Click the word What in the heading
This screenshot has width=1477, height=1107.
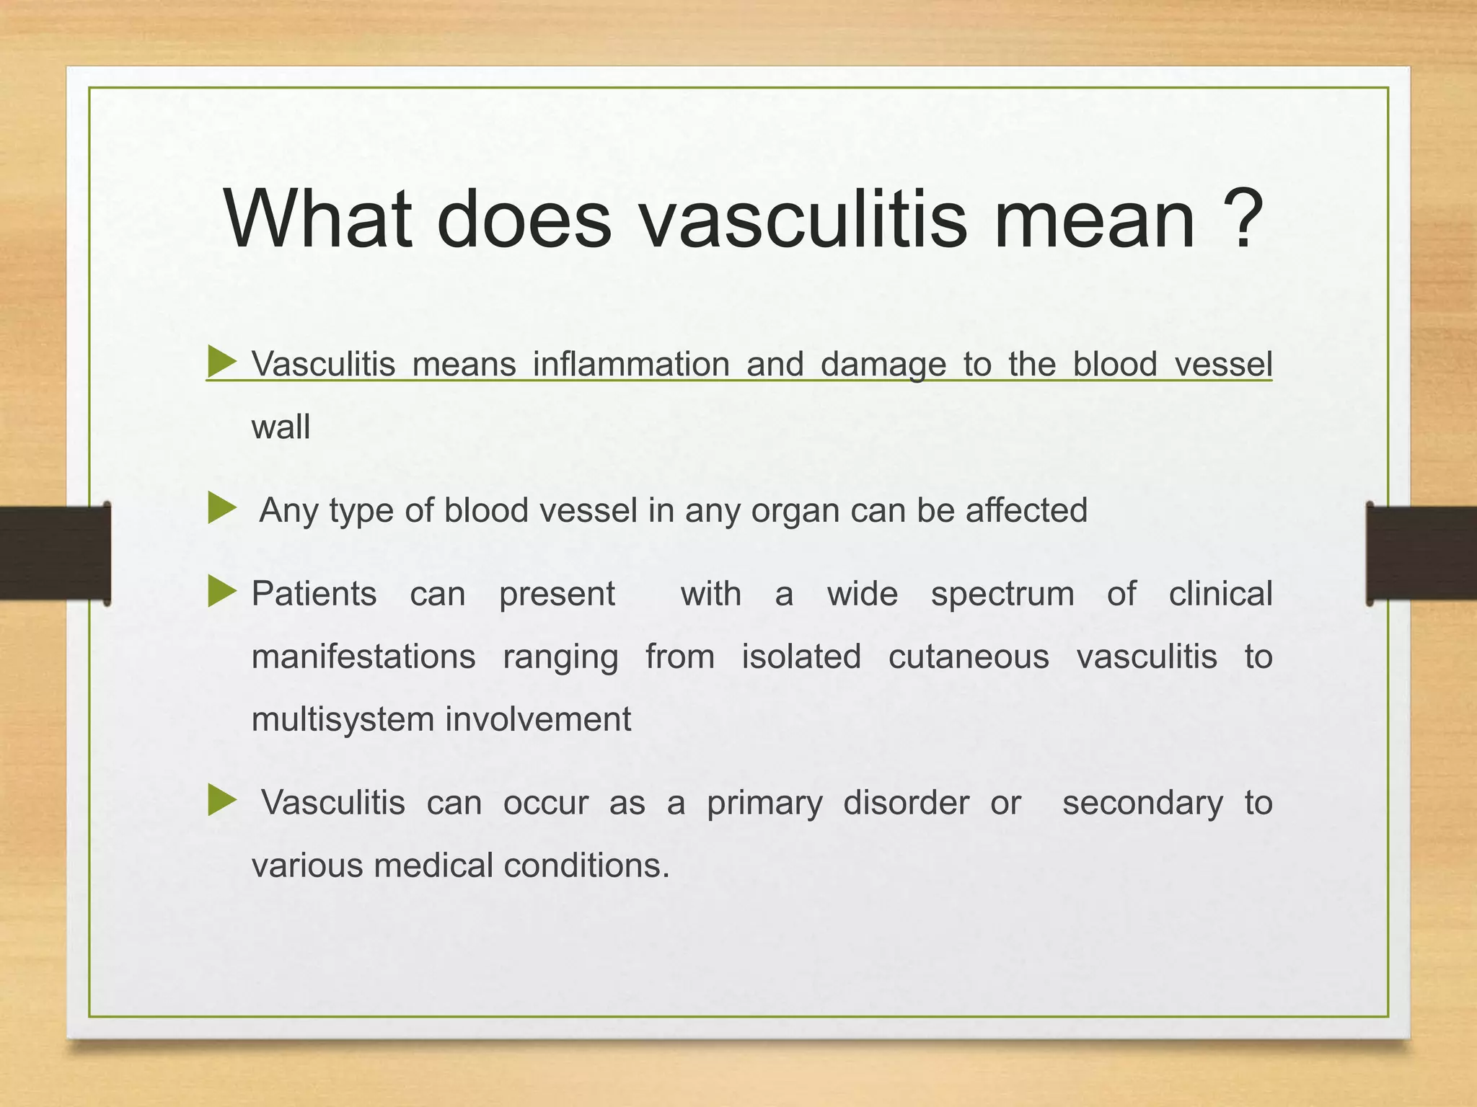tap(318, 219)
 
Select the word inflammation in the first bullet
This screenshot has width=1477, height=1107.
tap(631, 364)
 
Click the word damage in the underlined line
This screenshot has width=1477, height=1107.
tap(883, 365)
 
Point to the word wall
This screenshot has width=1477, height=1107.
tap(281, 427)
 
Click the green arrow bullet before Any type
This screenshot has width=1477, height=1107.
tap(221, 509)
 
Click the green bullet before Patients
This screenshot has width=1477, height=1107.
tap(221, 592)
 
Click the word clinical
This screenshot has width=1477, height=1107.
tap(1220, 594)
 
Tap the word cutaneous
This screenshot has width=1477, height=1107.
tap(969, 657)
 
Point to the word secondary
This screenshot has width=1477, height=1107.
tap(1142, 804)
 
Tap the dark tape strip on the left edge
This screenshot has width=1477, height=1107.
tap(54, 553)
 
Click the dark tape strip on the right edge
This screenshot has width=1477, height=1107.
tap(1421, 553)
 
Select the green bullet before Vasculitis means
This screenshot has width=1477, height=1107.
tap(221, 361)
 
